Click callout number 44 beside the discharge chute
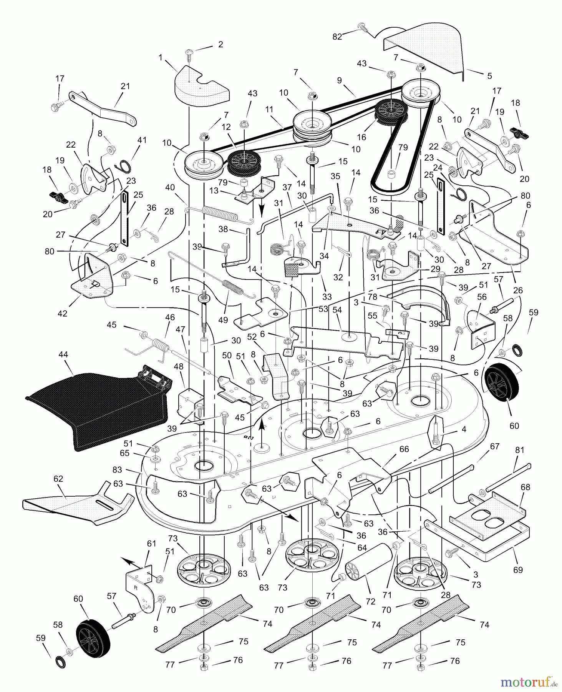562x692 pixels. coord(63,354)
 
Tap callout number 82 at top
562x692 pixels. coord(337,37)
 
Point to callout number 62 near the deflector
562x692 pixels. coord(58,479)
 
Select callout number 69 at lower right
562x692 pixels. coord(518,569)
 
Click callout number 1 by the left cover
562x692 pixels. coord(160,57)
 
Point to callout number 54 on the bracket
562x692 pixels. coord(337,310)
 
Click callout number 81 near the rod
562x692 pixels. coord(519,450)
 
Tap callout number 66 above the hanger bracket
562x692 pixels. coord(404,449)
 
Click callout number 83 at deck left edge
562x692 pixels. coord(117,469)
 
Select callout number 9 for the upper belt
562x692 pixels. coord(339,81)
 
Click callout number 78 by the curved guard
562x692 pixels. coord(372,297)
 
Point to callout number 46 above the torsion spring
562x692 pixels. coord(170,317)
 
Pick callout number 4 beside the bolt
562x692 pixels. coord(464,429)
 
